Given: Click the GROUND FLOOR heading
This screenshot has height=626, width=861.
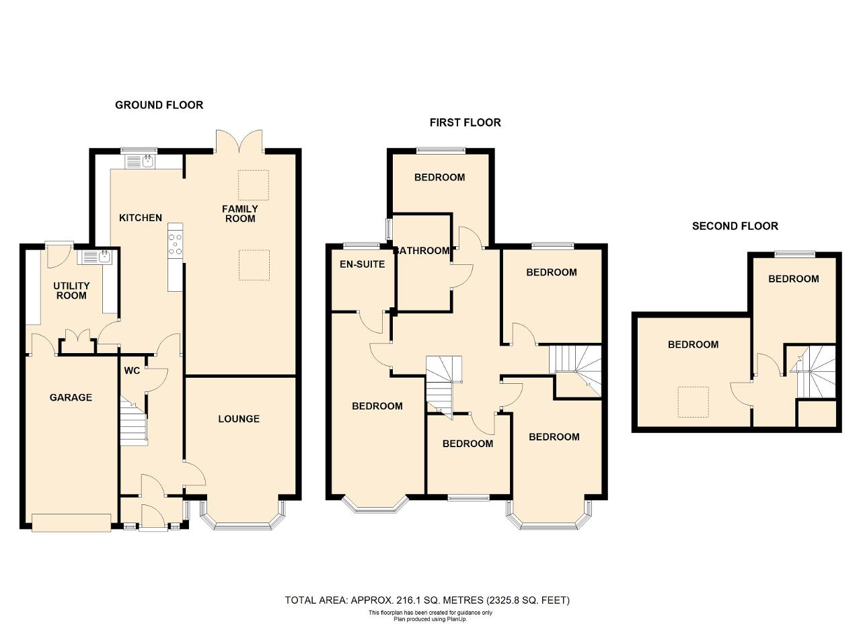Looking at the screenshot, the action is tap(159, 105).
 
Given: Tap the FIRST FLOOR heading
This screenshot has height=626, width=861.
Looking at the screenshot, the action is tap(465, 122).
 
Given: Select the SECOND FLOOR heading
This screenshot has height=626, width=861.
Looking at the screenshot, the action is tap(735, 226).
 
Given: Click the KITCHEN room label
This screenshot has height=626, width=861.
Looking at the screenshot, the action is tap(141, 218).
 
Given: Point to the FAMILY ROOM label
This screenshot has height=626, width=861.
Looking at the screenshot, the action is tap(240, 214).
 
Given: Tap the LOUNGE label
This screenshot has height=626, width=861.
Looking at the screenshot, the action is tap(239, 419).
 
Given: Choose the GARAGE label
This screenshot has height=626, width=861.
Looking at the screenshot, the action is tap(71, 397).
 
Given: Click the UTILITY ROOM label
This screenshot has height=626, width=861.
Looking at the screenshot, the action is tap(71, 290).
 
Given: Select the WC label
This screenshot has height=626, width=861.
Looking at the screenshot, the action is tap(132, 371).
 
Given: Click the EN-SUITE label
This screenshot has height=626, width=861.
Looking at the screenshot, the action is tap(362, 264).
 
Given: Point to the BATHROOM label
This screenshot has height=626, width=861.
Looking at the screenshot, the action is tap(422, 251).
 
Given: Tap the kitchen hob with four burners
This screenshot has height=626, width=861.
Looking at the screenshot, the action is tap(176, 243).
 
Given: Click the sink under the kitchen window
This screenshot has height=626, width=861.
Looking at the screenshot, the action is tap(141, 161).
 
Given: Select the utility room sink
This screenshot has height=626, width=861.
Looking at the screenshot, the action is tap(95, 257).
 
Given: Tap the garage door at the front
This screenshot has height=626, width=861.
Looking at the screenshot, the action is tap(71, 523).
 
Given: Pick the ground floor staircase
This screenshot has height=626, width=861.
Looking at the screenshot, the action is tap(134, 422).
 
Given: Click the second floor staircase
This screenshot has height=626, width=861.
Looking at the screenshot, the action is tap(813, 371).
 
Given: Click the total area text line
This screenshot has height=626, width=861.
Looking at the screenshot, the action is tap(427, 600).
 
